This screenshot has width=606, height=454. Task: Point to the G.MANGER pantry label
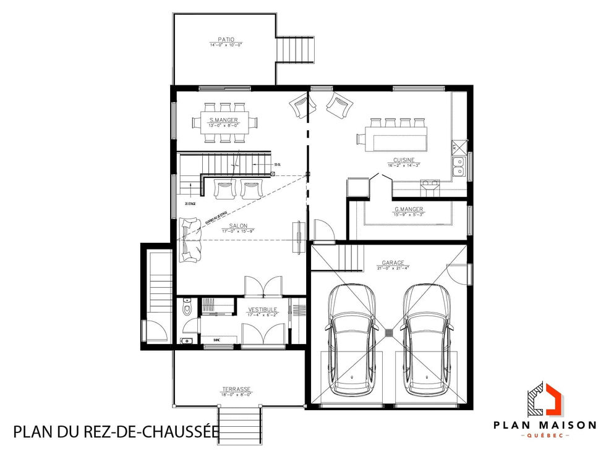click(x=409, y=209)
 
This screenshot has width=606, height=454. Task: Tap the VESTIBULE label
click(x=263, y=309)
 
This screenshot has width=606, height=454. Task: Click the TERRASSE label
click(x=236, y=389)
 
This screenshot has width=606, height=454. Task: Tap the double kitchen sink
click(x=459, y=164)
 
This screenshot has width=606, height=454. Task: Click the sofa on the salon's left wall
click(x=190, y=240)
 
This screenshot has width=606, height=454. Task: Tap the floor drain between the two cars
click(x=389, y=333)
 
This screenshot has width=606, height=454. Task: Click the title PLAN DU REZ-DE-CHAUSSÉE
click(x=116, y=431)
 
